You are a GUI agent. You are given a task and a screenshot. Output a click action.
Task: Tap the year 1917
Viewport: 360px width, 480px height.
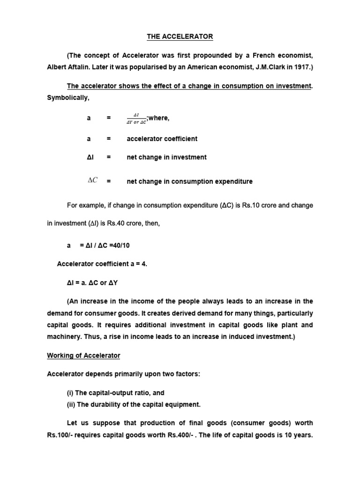[302, 67]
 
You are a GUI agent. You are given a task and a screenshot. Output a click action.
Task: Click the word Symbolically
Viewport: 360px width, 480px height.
[68, 97]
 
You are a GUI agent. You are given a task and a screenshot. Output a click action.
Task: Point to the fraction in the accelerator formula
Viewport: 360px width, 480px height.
[136, 119]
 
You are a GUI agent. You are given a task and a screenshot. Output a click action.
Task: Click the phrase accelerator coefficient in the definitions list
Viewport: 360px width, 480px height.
[162, 139]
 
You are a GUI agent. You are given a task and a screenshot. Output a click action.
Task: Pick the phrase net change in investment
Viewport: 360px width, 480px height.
[166, 157]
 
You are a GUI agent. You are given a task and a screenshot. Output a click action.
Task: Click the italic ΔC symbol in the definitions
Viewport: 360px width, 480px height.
[92, 180]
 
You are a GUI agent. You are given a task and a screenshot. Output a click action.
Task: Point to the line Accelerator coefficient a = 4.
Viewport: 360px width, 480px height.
[102, 264]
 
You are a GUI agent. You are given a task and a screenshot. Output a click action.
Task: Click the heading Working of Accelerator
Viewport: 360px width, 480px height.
[83, 356]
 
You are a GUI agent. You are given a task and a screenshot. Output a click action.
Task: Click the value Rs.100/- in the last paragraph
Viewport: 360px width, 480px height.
[59, 435]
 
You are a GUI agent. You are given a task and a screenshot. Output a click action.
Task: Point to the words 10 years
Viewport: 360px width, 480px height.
[299, 435]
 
